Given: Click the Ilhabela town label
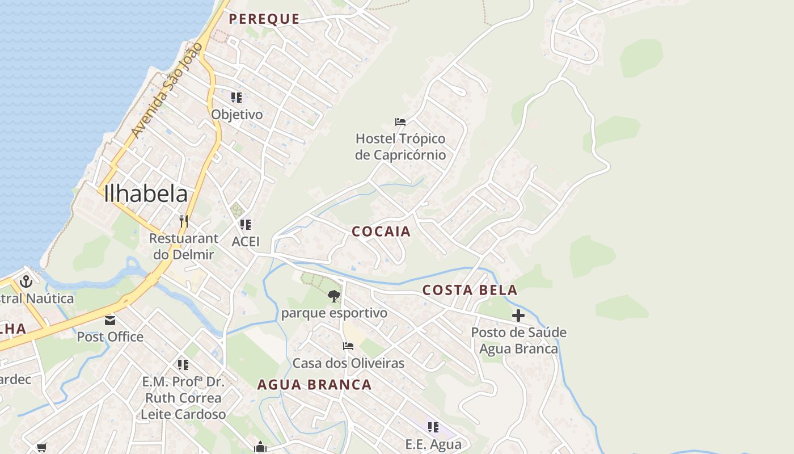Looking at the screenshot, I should pos(146,194).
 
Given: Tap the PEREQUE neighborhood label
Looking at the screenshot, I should pos(264,19).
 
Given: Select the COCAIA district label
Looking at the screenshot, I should pos(381,232).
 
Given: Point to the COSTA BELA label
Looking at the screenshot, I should pos(470,291).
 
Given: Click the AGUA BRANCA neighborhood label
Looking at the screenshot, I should pos(314,385).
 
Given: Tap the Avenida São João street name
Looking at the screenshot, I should pos(166,90).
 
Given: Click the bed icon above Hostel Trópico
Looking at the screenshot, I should pos(400,122).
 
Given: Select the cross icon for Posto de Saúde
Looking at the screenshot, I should pos(518,316).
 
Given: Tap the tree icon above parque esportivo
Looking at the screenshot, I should pos(334,296).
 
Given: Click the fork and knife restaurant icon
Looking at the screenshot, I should pos(183,221).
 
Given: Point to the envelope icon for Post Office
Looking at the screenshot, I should pos(110,321).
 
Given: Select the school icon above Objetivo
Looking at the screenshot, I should pos(236,98).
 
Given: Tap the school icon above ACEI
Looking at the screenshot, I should pos(245,225).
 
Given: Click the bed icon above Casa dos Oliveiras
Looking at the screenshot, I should pos(348,346).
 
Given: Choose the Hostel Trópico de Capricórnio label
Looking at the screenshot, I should pos(400,147).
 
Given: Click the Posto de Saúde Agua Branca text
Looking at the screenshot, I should pos(518,340).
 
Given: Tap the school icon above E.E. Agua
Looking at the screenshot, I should pos(433,427).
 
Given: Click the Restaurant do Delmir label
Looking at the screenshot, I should pos(183,246).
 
